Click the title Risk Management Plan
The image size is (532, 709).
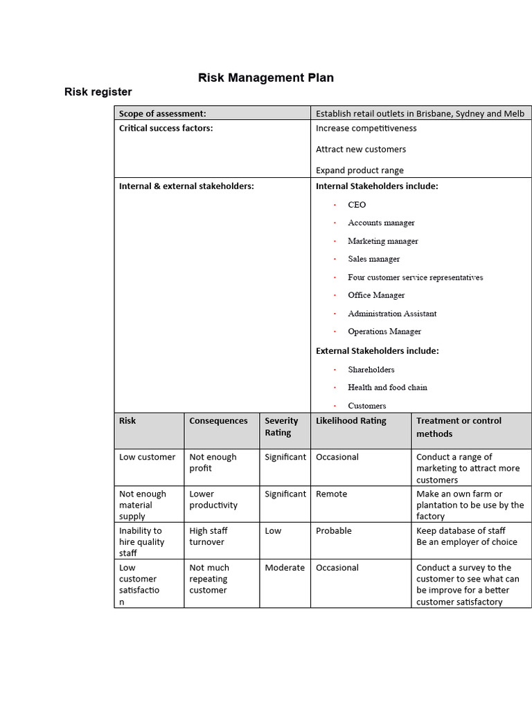click(x=266, y=78)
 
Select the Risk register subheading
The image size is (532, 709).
click(x=98, y=92)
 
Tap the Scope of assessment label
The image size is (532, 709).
click(x=162, y=114)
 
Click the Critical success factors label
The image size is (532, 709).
click(x=166, y=128)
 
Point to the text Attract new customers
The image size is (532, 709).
click(x=361, y=149)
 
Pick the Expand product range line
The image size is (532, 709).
click(x=360, y=170)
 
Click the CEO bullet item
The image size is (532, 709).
click(x=357, y=205)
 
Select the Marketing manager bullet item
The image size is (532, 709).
click(x=382, y=241)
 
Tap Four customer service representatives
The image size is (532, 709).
click(x=415, y=278)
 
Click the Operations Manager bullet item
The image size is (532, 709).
click(x=384, y=332)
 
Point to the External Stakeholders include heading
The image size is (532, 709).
click(x=377, y=351)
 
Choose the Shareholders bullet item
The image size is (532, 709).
click(x=371, y=370)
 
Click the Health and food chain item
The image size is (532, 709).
click(x=387, y=388)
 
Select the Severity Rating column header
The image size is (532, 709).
click(x=281, y=427)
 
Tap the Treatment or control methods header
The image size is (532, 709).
click(x=459, y=427)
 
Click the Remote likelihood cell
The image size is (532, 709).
click(x=331, y=494)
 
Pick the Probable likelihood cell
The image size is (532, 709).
click(x=333, y=531)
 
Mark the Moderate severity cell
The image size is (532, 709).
click(x=284, y=568)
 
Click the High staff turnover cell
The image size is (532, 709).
click(x=209, y=537)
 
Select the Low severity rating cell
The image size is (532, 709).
click(x=272, y=531)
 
